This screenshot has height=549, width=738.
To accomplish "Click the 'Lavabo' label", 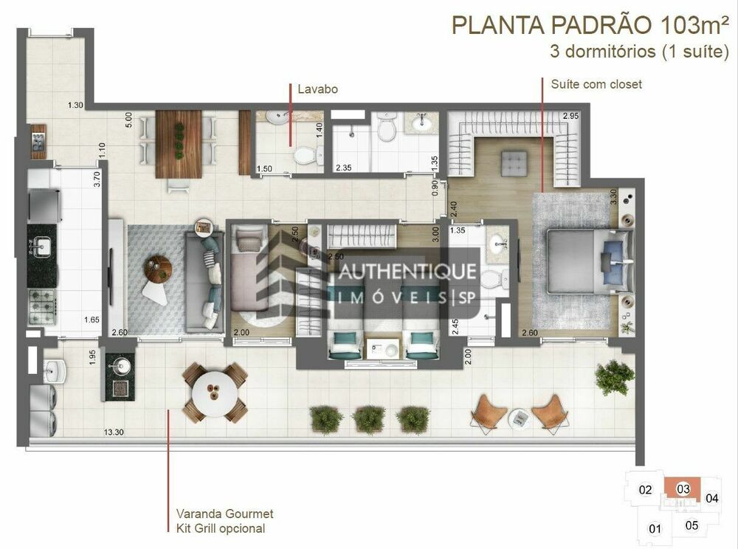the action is click(x=317, y=89).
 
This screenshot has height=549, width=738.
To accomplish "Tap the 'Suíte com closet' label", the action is click(x=596, y=84).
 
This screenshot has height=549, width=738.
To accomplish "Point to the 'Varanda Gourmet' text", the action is click(x=224, y=514).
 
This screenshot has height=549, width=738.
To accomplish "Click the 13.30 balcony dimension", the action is click(x=114, y=432).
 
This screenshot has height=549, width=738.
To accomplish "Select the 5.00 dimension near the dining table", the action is click(x=128, y=120).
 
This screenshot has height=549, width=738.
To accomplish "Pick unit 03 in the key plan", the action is click(x=683, y=488).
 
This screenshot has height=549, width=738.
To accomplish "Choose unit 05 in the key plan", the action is click(x=692, y=525).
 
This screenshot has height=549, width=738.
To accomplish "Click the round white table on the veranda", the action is click(x=215, y=394).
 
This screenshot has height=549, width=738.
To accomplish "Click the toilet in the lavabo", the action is click(x=307, y=154).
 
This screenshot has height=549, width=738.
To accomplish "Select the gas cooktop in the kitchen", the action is click(x=42, y=306).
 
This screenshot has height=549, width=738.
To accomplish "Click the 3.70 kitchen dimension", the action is click(x=97, y=179).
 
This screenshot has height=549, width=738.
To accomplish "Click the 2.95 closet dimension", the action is click(x=570, y=116).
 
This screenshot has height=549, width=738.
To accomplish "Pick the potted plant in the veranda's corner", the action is click(x=614, y=377).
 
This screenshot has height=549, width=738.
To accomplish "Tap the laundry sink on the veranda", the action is click(x=55, y=371).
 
